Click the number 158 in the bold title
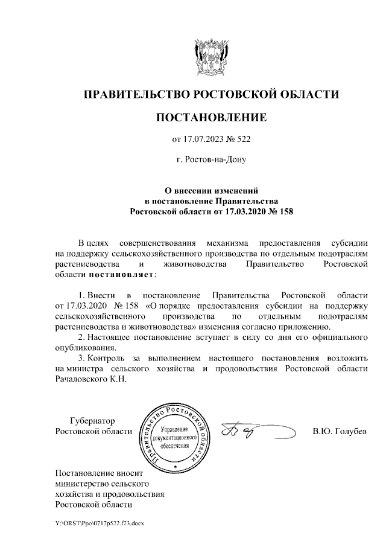283,212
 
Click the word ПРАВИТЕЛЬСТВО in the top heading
136,95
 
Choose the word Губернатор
92,421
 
